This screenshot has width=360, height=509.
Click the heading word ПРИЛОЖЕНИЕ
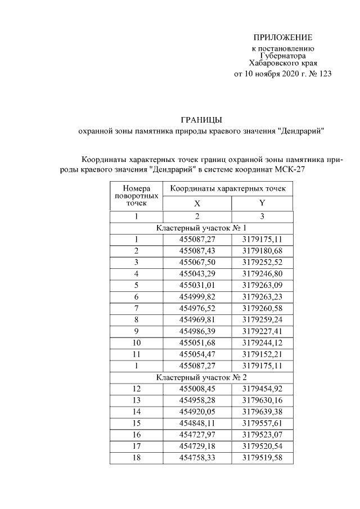tap(282, 38)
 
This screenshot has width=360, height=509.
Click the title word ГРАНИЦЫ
tap(201, 119)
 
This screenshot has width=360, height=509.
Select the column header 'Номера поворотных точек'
tap(136, 196)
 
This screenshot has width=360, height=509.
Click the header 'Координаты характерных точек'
tap(228, 189)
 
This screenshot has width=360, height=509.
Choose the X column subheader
tap(197, 204)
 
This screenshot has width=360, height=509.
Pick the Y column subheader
tap(262, 204)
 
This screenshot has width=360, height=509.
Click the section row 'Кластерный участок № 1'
tap(201, 228)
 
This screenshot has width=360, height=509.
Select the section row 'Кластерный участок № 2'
tap(201, 377)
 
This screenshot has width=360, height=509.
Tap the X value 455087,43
tap(197, 250)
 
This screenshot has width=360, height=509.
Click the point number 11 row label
tap(136, 354)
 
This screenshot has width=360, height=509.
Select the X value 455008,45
tap(197, 389)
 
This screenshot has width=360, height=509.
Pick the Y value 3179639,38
tap(262, 412)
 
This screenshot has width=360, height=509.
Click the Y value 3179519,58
tap(262, 458)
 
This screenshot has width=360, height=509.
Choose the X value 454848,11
tap(197, 424)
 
